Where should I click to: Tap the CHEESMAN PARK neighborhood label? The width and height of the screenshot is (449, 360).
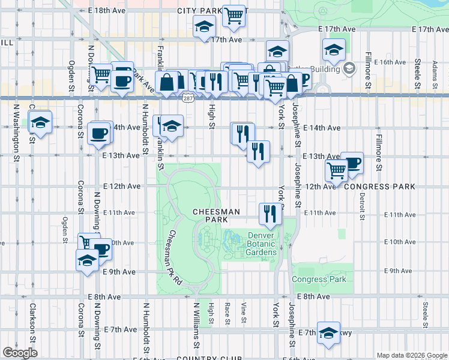(x=216, y=217)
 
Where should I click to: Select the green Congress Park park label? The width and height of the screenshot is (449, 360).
(x=319, y=280)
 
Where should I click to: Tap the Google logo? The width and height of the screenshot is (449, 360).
(x=20, y=353)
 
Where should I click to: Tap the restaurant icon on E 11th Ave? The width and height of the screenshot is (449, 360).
(x=270, y=213)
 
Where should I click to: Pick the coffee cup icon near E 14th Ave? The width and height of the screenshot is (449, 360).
(x=98, y=133)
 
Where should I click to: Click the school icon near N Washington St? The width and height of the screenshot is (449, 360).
(x=40, y=122)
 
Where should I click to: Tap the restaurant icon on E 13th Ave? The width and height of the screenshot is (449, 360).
(x=258, y=152)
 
